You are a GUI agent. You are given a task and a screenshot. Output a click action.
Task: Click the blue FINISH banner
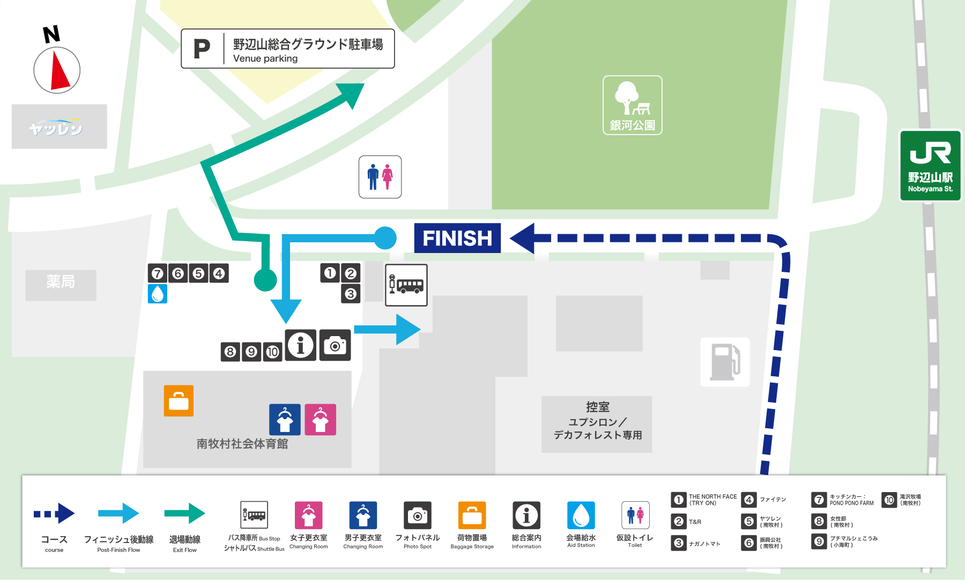(x=457, y=238)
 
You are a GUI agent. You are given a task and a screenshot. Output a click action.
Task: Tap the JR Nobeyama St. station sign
(x=930, y=166)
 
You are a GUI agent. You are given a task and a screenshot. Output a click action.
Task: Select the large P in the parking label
(x=202, y=49)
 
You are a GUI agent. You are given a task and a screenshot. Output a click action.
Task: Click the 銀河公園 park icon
(x=632, y=105)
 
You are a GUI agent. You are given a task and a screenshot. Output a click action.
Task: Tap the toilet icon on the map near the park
(x=380, y=177)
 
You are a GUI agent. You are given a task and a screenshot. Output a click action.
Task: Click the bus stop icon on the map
(x=406, y=285)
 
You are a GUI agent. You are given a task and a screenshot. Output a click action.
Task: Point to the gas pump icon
(x=725, y=362)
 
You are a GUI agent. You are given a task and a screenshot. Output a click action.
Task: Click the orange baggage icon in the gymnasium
(x=179, y=401)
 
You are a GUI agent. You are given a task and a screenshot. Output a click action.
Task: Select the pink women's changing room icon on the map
(x=320, y=420)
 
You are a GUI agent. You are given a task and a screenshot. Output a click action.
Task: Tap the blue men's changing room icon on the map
(x=285, y=420)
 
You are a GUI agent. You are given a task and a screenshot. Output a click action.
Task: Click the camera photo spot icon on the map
(x=335, y=345)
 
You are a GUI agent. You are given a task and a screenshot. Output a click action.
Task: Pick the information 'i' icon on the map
(x=300, y=345)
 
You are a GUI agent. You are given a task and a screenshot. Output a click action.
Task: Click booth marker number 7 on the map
(x=157, y=273)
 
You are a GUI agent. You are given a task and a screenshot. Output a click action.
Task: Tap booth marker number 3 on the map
(x=351, y=294)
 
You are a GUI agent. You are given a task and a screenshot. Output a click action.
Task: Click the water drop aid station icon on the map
(x=158, y=294)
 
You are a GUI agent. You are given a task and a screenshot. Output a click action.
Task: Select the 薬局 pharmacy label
(x=61, y=282)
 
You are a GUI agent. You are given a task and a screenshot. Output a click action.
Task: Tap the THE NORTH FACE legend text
(x=712, y=500)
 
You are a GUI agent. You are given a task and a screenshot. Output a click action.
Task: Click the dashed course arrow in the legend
(x=54, y=514)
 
